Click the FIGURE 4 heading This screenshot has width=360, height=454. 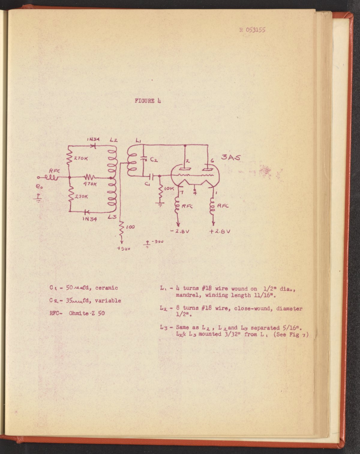coord(148,101)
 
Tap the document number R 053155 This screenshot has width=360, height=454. coord(252,30)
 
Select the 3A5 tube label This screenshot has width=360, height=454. coord(231,157)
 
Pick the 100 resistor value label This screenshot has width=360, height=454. coord(130,227)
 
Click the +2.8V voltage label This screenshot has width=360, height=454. coord(220,231)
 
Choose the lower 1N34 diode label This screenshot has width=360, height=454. coord(89,219)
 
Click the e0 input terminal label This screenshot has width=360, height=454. coord(38,186)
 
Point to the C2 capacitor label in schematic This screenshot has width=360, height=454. coord(154,160)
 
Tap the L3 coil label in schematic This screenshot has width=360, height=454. coord(112,217)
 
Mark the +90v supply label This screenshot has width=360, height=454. coord(123,248)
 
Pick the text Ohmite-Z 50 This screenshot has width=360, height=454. coord(87,314)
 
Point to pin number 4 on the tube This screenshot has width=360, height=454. coord(195,193)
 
